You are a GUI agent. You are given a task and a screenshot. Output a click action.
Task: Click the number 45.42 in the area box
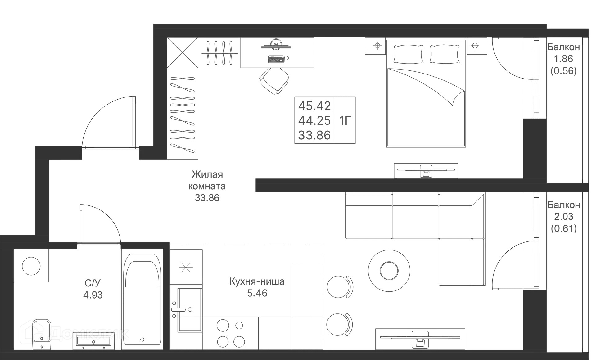314,106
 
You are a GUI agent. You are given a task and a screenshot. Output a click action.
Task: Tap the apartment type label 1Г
345,120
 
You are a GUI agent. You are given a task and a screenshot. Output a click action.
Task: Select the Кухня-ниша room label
257,281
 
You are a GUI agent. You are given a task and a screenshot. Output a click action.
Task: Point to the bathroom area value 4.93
93,295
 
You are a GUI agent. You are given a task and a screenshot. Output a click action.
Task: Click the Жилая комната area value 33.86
207,198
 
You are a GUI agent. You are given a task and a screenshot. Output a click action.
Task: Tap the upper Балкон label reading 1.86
563,59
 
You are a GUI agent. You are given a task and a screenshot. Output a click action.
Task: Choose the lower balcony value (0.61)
564,228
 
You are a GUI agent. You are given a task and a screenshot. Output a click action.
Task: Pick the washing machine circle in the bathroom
31,266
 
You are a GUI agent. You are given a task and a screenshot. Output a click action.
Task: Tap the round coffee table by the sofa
389,271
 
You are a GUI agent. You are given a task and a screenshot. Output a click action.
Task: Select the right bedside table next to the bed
475,46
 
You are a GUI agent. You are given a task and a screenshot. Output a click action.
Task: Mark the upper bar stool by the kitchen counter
340,287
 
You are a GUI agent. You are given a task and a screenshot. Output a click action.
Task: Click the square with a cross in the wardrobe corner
183,52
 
